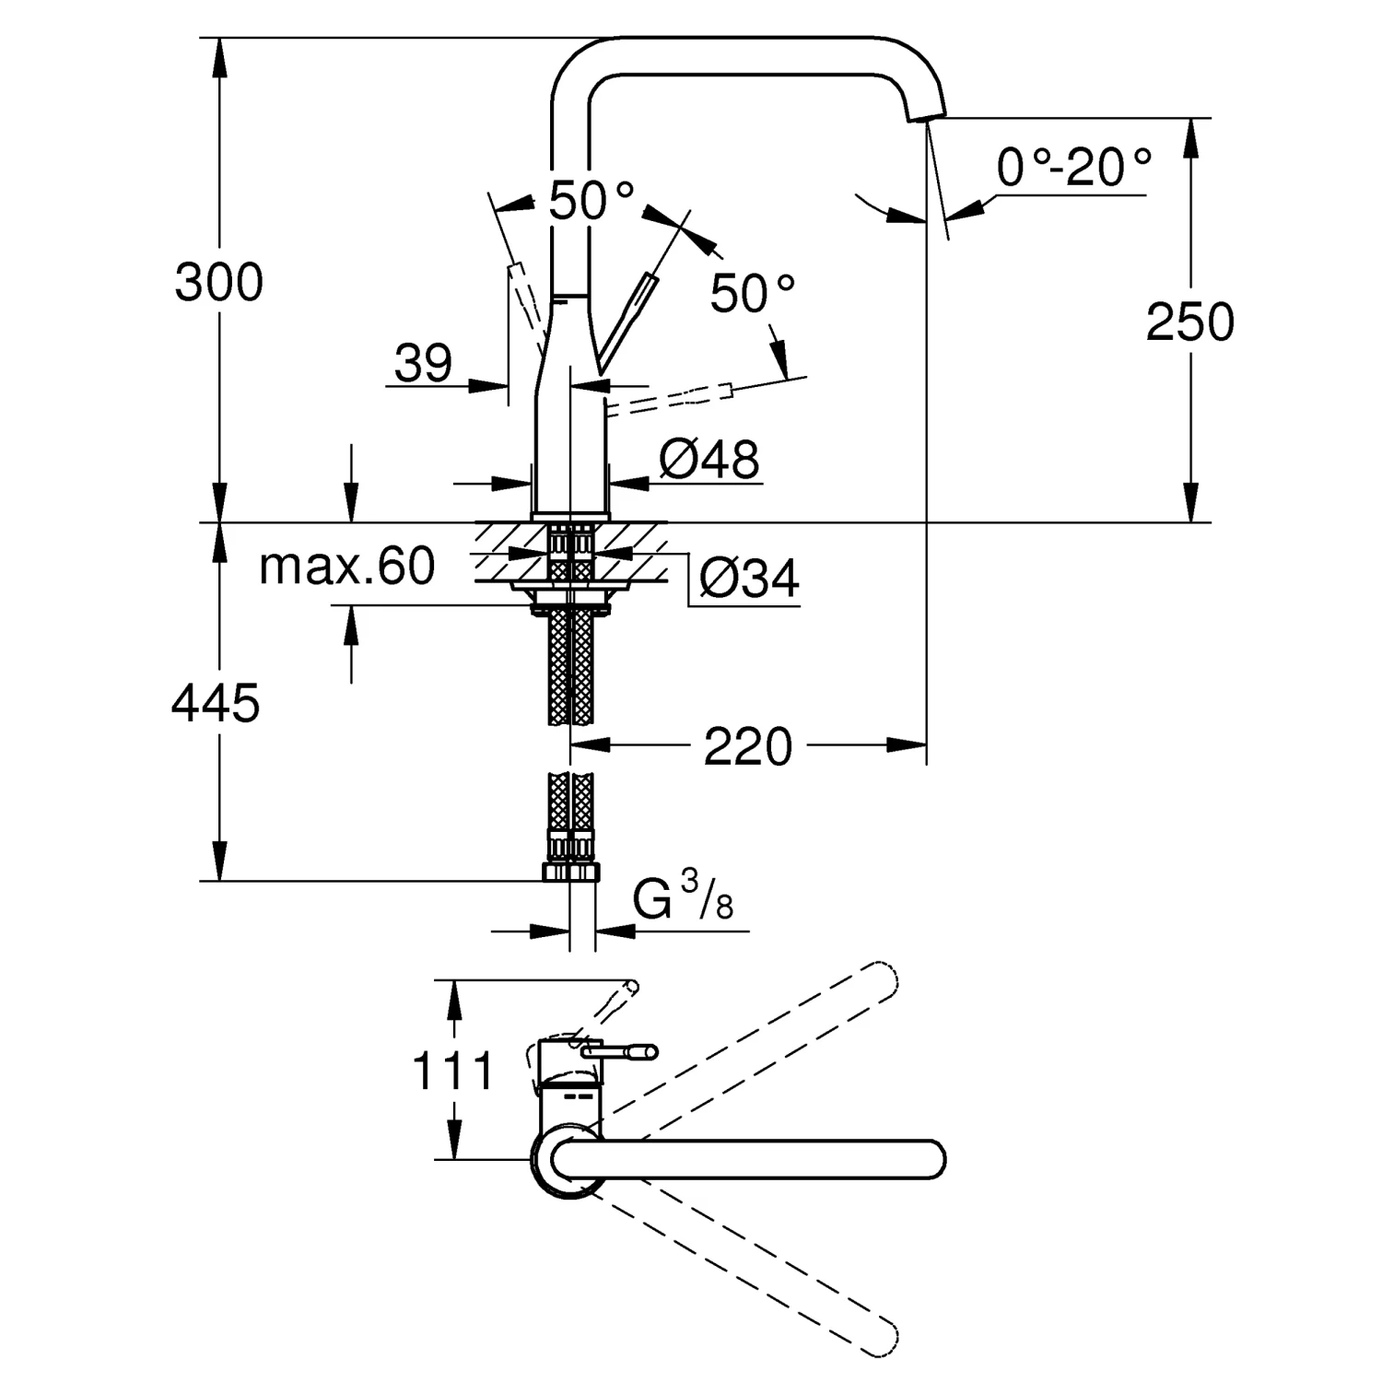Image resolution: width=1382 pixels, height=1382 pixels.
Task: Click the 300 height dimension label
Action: [219, 283]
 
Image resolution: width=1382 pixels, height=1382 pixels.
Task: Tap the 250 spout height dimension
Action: [1189, 322]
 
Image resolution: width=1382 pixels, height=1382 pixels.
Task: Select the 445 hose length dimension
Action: [216, 705]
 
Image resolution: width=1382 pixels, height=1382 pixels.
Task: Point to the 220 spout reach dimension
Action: [747, 746]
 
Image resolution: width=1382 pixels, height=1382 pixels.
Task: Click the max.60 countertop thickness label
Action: [346, 566]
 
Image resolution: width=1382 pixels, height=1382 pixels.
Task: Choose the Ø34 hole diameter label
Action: [748, 579]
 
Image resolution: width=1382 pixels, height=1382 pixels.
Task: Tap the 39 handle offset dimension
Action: [423, 363]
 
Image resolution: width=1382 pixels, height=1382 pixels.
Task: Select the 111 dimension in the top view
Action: [452, 1072]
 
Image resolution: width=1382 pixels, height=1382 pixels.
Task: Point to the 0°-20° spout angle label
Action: [1074, 169]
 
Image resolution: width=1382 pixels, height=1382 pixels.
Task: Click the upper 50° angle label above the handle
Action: [591, 201]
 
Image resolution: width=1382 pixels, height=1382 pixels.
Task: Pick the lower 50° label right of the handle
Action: [752, 294]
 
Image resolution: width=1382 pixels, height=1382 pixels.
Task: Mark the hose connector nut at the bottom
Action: [571, 872]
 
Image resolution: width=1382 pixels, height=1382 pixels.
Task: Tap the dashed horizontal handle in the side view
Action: [673, 400]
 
